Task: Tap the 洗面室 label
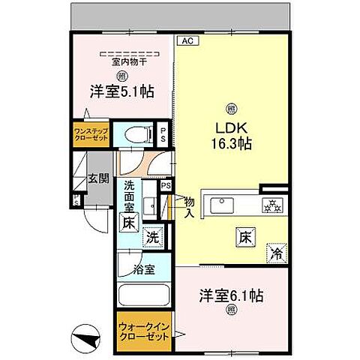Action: [x=129, y=196]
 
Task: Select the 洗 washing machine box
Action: [x=153, y=235]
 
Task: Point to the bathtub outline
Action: [x=142, y=291]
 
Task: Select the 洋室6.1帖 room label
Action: [x=231, y=295]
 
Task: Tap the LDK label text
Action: [x=231, y=125]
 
